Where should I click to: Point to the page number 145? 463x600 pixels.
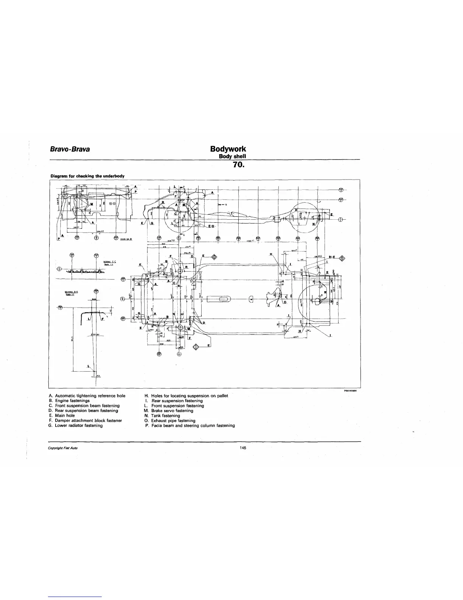242,448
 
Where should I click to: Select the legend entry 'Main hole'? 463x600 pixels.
65,416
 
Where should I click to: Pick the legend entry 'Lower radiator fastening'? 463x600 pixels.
79,425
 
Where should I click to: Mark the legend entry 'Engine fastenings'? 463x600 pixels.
72,401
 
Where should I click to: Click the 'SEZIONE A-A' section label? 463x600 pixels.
70,292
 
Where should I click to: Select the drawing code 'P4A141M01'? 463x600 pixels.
351,392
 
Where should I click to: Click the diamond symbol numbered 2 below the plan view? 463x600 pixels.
196,347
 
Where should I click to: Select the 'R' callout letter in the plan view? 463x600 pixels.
186,267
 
